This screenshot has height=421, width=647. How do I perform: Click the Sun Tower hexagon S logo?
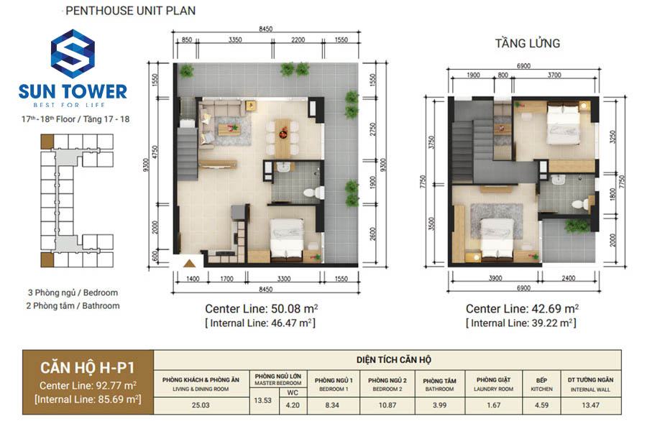(73, 54)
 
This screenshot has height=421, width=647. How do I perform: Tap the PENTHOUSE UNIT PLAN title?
(130, 11)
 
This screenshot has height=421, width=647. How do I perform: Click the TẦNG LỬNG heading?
(528, 43)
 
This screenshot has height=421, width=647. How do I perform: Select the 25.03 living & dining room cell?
(201, 405)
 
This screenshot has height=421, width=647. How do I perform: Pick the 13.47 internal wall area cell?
(590, 405)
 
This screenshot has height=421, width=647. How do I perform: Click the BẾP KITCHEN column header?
(541, 384)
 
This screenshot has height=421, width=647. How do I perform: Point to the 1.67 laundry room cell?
(493, 405)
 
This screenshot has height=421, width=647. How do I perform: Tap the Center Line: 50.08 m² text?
(261, 308)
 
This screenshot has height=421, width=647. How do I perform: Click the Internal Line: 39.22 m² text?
(520, 323)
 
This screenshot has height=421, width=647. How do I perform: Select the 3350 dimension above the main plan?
(235, 40)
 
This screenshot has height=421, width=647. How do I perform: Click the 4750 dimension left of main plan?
(155, 152)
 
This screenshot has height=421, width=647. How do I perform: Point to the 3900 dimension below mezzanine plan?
(495, 278)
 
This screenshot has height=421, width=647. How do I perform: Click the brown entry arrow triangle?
(189, 263)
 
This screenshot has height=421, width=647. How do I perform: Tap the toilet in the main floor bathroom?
(313, 193)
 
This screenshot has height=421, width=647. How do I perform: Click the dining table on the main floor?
(283, 137)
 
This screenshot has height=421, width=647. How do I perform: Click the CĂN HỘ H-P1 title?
(88, 367)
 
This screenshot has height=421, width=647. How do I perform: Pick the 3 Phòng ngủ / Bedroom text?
(73, 292)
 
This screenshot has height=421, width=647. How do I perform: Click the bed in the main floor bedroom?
(287, 240)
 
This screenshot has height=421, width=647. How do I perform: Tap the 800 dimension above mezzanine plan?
(503, 75)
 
